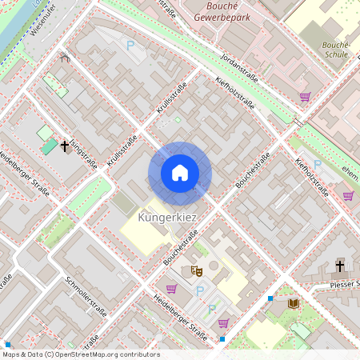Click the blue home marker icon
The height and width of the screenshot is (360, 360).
180,173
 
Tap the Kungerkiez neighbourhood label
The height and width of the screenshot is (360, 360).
167,217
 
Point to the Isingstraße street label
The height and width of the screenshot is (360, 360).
83,152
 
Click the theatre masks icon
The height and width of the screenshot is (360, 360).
197,272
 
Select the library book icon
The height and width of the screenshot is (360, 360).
293,303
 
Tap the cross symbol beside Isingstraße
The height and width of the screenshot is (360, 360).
65,146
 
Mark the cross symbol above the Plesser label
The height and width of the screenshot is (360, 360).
339,266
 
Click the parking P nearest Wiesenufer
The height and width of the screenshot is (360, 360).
130,46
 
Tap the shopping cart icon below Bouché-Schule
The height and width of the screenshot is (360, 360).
305,97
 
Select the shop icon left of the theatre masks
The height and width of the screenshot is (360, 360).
171,289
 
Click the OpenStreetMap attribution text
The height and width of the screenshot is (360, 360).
80,354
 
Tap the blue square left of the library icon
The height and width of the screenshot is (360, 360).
270,298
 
